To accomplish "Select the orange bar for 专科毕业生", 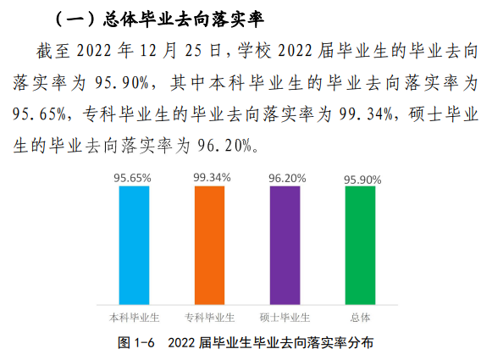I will coord(210,244).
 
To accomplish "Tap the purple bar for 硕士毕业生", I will coord(285,244).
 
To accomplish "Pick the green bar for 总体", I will coord(360,244).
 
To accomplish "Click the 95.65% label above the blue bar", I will coord(132,178).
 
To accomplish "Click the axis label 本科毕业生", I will coord(135,317).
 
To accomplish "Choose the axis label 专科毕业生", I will coord(210,317).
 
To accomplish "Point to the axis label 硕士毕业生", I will coord(285,317).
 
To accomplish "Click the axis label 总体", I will coord(360,317).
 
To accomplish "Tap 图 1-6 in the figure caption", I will coord(135,342).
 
